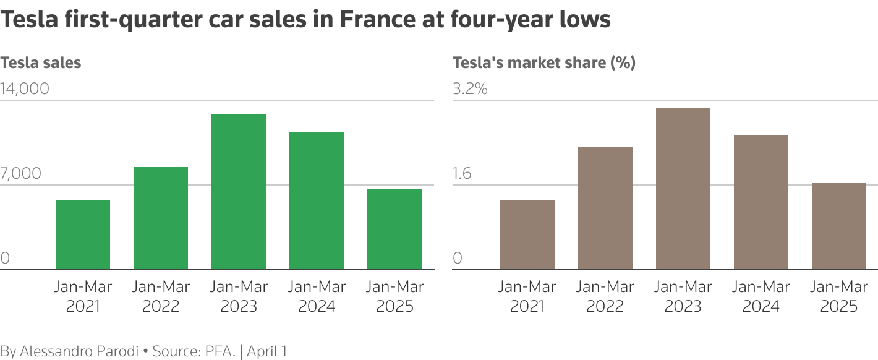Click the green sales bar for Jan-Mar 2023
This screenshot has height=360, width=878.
[239, 192]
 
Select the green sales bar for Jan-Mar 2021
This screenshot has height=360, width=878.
[83, 234]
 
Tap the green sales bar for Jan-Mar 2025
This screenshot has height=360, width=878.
[394, 229]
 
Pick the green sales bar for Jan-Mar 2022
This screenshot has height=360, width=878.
[161, 218]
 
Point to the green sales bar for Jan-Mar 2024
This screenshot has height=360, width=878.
[317, 201]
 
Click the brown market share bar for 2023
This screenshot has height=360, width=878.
[683, 189]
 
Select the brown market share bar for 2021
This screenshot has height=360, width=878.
[527, 235]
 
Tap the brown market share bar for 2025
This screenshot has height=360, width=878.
[838, 226]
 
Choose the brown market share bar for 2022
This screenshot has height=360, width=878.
[605, 208]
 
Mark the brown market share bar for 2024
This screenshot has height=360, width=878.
[761, 202]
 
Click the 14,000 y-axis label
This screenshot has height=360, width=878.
[25, 89]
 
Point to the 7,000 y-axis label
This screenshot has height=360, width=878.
[21, 174]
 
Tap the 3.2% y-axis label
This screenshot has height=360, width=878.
[470, 89]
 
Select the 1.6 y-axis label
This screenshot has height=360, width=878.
[462, 174]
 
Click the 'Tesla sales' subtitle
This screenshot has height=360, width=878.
[41, 62]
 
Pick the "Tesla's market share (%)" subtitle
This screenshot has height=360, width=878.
[544, 62]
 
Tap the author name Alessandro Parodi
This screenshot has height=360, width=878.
[79, 351]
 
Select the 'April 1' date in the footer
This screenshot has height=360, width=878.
[266, 351]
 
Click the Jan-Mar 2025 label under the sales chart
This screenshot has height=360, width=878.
[394, 296]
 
